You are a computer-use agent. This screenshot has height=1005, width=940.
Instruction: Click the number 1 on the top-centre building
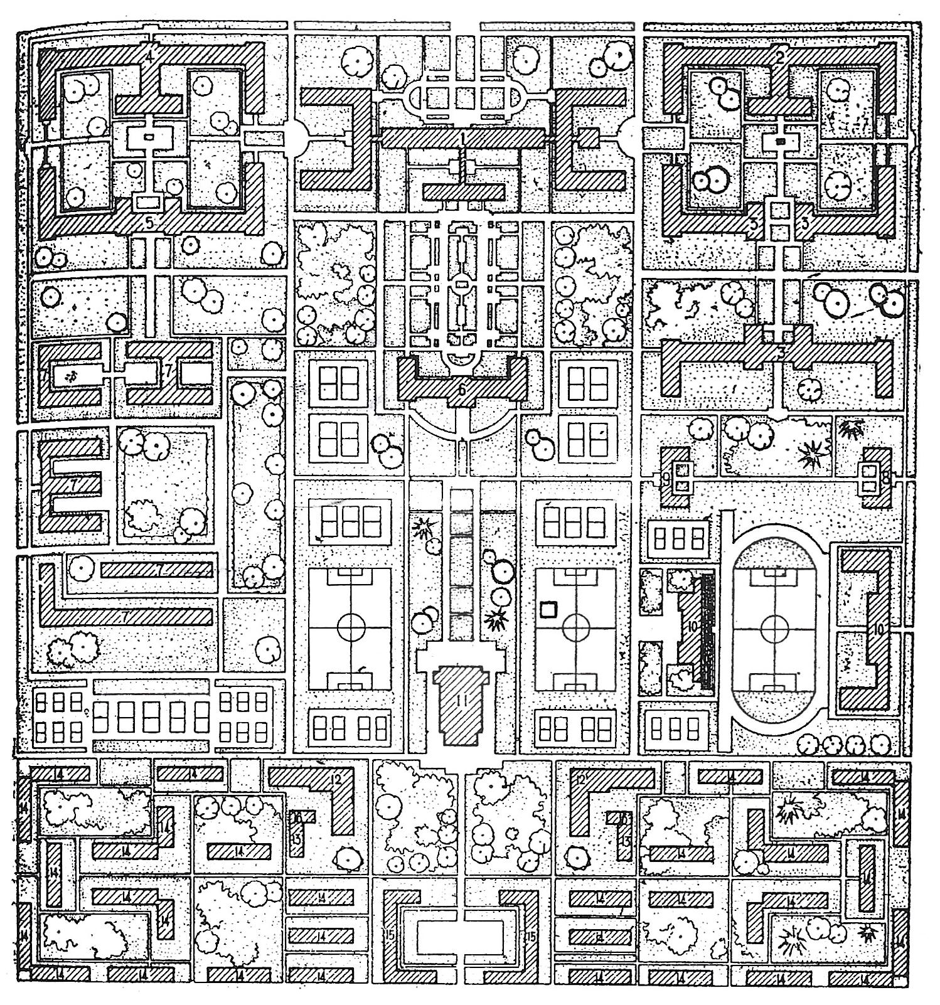(x=463, y=135)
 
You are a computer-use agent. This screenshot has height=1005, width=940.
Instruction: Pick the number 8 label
(x=885, y=477)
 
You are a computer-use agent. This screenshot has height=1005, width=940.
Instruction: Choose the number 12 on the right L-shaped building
(x=580, y=780)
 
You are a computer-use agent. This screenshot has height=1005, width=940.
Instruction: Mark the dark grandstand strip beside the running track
(x=707, y=627)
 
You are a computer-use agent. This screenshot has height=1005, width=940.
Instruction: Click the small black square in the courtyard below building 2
(x=780, y=142)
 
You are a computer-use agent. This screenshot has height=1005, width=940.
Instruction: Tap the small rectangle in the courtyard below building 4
(x=149, y=136)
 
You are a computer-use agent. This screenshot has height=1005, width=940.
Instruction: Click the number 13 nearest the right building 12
(x=626, y=840)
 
